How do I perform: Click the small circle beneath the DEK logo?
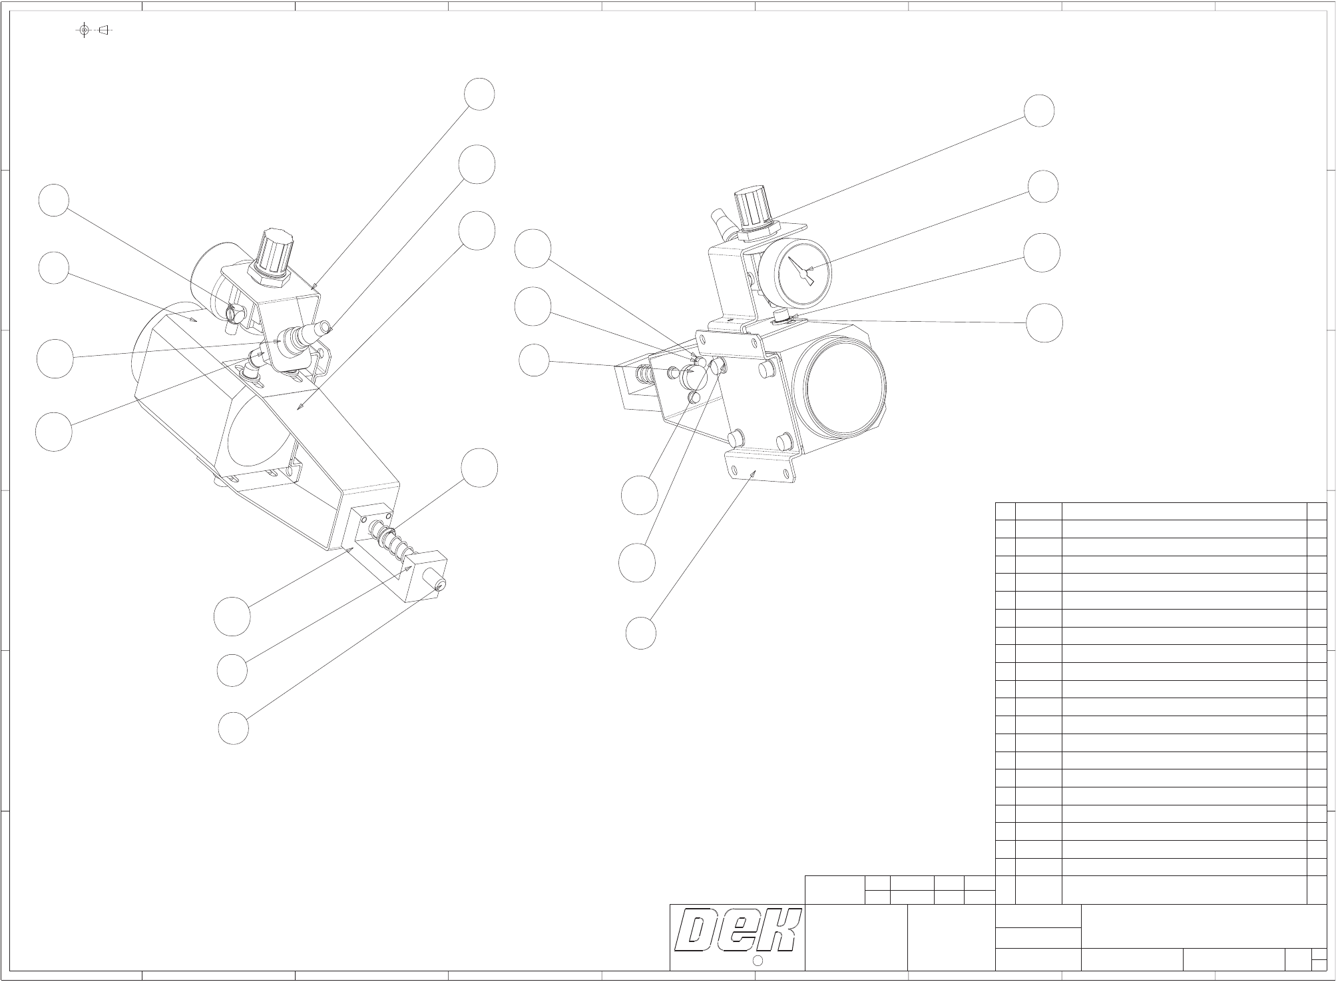[758, 960]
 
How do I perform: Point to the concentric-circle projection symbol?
[84, 30]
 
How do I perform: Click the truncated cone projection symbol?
[103, 30]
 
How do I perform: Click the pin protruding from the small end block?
[439, 584]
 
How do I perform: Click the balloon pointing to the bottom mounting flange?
[641, 633]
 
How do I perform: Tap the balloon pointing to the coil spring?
[480, 467]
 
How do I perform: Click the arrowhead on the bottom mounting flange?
[754, 472]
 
